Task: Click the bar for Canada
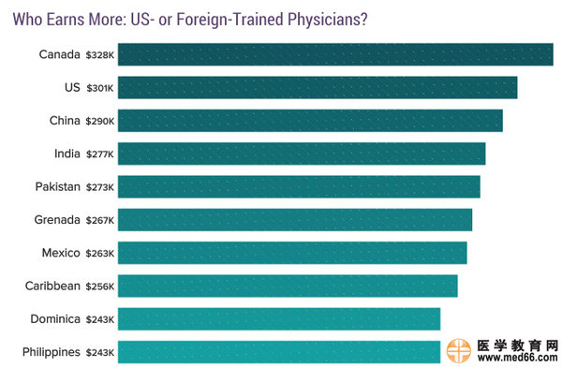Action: pyautogui.click(x=335, y=55)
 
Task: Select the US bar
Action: pyautogui.click(x=318, y=88)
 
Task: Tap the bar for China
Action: pyautogui.click(x=310, y=121)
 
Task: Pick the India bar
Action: pyautogui.click(x=302, y=154)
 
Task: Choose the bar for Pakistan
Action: pyautogui.click(x=299, y=186)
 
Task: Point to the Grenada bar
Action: pyautogui.click(x=295, y=220)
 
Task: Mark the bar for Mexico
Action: pyautogui.click(x=292, y=253)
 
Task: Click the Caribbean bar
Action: pyautogui.click(x=288, y=286)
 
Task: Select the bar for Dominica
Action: pyautogui.click(x=279, y=319)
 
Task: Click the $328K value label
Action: pyautogui.click(x=99, y=55)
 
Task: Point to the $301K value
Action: pyautogui.click(x=99, y=88)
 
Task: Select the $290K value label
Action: pyautogui.click(x=99, y=121)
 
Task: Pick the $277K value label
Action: pyautogui.click(x=99, y=154)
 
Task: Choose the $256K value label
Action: pyautogui.click(x=99, y=286)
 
